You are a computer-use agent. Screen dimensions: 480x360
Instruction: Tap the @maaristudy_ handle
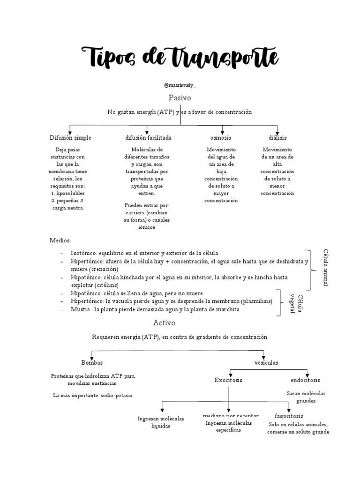click(x=180, y=85)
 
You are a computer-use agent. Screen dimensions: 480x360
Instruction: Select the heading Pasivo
click(x=180, y=98)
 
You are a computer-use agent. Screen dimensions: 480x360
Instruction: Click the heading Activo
click(x=164, y=323)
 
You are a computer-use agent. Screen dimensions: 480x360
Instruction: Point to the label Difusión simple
click(x=70, y=138)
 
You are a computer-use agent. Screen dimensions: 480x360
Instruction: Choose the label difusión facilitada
click(x=148, y=138)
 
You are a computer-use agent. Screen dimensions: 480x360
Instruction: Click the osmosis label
click(x=220, y=138)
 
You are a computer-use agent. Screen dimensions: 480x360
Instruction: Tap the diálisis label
click(x=277, y=138)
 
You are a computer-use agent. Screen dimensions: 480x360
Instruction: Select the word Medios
click(x=60, y=240)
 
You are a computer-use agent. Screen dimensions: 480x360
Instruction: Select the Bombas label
click(x=92, y=363)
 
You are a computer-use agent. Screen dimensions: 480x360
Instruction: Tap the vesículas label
click(x=266, y=363)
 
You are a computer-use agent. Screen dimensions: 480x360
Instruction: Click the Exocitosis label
click(x=228, y=380)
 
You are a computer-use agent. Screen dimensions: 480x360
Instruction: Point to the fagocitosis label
click(x=289, y=416)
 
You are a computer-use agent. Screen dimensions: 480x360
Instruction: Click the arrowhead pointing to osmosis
click(x=222, y=133)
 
